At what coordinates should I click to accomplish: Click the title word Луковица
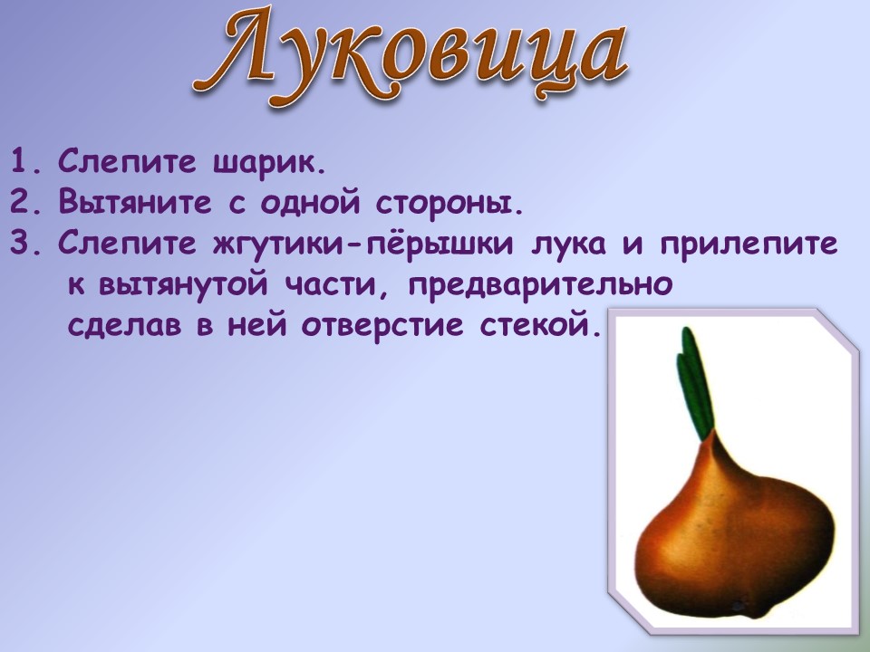point(411,56)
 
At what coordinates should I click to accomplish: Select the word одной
point(310,203)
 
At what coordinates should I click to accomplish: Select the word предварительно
point(540,285)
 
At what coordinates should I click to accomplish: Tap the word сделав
point(124,325)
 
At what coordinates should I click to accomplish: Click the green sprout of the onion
point(693,383)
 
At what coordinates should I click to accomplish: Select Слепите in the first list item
point(127,162)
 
